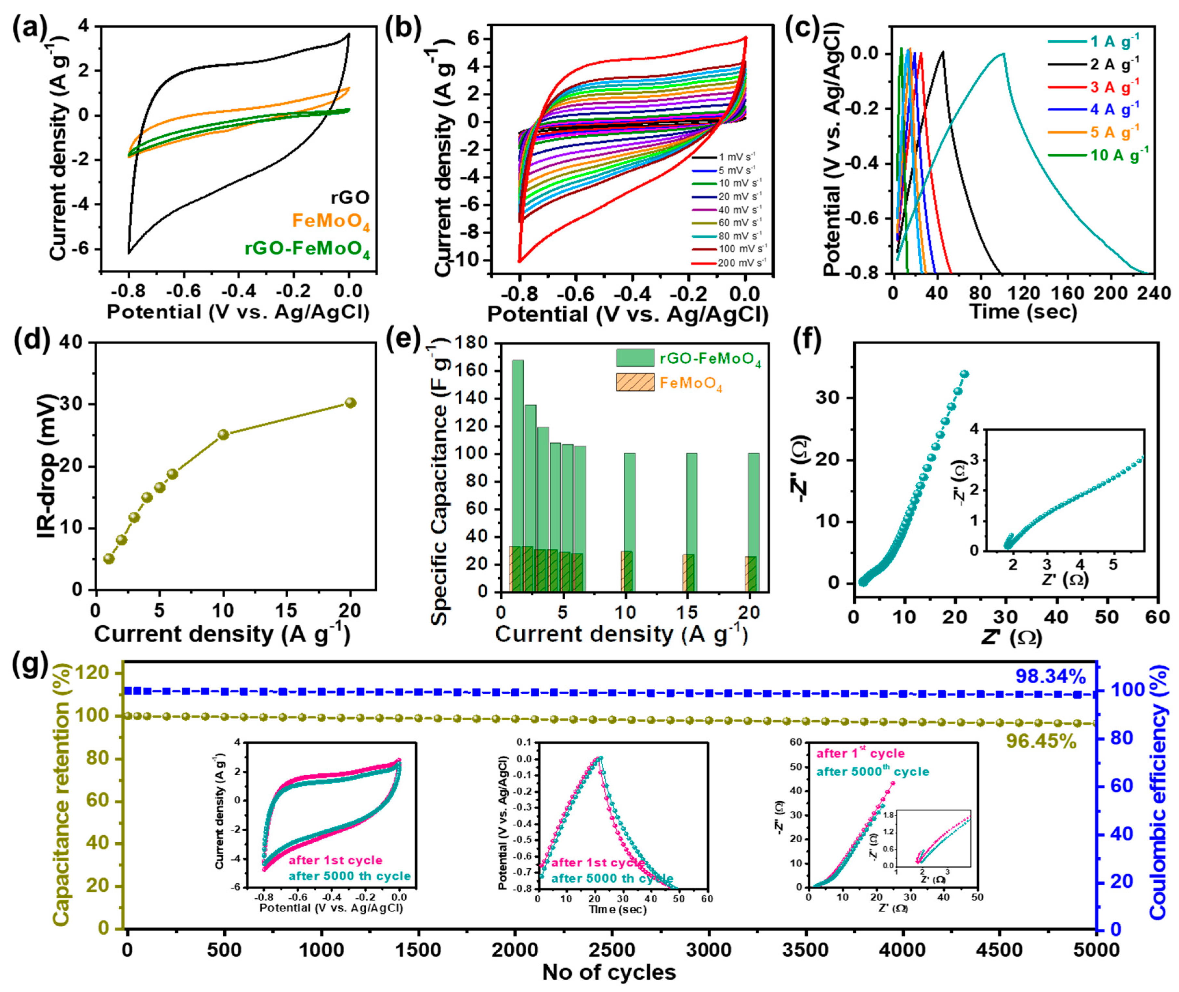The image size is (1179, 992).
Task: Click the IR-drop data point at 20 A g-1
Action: pos(350,403)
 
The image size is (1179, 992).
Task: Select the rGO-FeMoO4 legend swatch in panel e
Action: pos(635,358)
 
